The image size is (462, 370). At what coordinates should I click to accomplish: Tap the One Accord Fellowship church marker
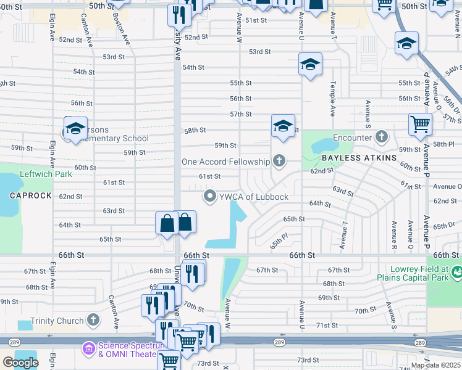pos(279,162)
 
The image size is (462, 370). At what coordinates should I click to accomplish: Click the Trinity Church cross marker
pos(93,320)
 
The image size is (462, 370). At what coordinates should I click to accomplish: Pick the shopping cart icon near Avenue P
pos(420,124)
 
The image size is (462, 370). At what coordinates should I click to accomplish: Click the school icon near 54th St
pos(310,64)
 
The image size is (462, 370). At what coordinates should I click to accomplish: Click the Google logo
pos(20,363)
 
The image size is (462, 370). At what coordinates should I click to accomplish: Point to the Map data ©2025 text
pos(435,365)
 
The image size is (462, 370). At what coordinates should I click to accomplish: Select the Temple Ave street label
pos(332,99)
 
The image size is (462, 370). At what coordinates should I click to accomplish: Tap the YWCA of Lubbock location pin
pos(210,197)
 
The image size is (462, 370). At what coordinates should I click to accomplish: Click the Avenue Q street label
pos(409,228)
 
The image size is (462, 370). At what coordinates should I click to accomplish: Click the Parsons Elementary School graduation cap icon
pos(75,128)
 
